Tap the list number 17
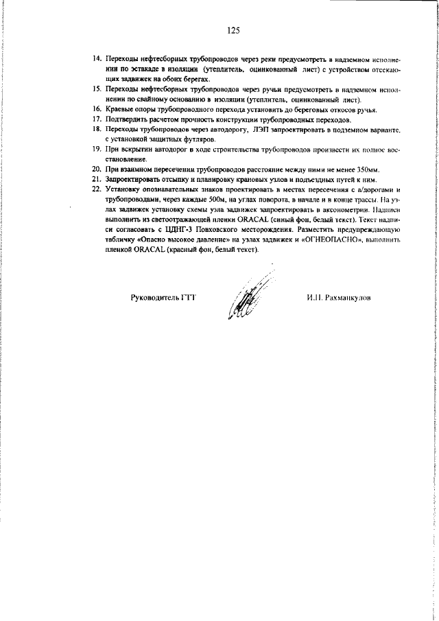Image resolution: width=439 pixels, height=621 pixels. click(x=97, y=119)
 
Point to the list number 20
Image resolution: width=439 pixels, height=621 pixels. click(x=97, y=169)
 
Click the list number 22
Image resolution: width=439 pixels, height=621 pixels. click(x=97, y=188)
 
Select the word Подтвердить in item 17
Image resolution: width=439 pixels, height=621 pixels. click(x=129, y=119)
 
